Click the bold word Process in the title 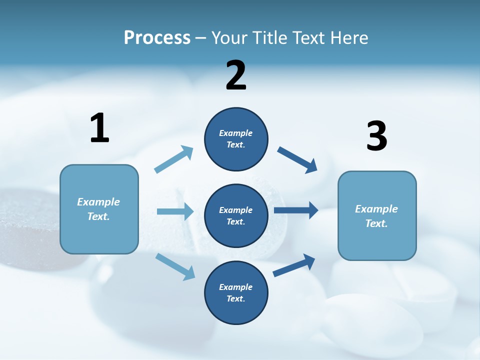[x=157, y=38]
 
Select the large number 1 [x=99, y=128]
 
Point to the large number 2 [x=236, y=75]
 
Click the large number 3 [x=377, y=136]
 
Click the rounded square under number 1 [x=99, y=209]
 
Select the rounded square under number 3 [x=377, y=215]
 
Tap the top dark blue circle [x=236, y=139]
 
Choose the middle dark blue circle [x=236, y=215]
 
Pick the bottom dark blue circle [x=236, y=292]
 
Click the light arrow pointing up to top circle [x=173, y=159]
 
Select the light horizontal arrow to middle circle [x=175, y=211]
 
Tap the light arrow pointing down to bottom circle [x=175, y=266]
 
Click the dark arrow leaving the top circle [x=297, y=159]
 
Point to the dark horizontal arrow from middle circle [x=296, y=210]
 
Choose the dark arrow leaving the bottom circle [x=294, y=265]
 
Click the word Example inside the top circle [x=236, y=133]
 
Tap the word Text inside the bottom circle [x=235, y=298]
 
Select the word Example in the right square [x=376, y=209]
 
